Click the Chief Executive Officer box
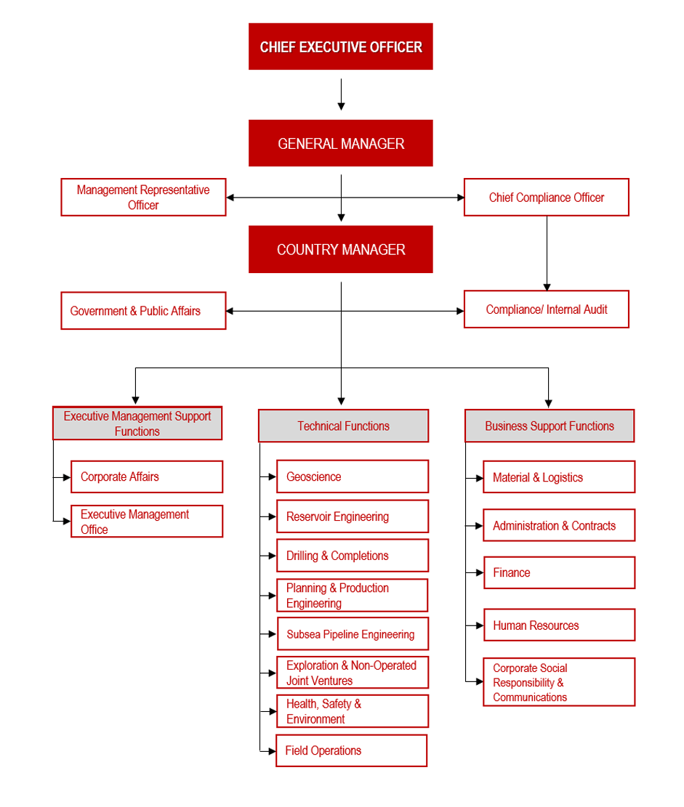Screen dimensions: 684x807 pyautogui.click(x=340, y=46)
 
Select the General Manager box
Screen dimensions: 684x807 pyautogui.click(x=340, y=143)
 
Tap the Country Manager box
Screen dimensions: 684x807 pyautogui.click(x=340, y=249)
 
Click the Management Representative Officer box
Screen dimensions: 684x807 pyautogui.click(x=143, y=197)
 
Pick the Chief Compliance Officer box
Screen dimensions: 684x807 pyautogui.click(x=547, y=197)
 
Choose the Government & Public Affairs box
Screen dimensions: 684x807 pyautogui.click(x=143, y=311)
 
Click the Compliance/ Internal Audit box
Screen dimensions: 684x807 pyautogui.click(x=547, y=309)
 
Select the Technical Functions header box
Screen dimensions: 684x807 pyautogui.click(x=343, y=426)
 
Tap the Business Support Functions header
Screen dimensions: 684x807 pyautogui.click(x=550, y=426)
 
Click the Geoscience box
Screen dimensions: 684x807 pyautogui.click(x=353, y=477)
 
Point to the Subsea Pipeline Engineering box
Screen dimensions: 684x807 pyautogui.click(x=353, y=634)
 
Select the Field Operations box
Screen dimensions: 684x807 pyautogui.click(x=351, y=751)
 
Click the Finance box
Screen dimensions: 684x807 pyautogui.click(x=560, y=573)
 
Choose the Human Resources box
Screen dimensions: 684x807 pyautogui.click(x=560, y=625)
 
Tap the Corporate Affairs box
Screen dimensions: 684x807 pyautogui.click(x=147, y=477)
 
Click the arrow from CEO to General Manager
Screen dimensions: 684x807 pyautogui.click(x=341, y=94)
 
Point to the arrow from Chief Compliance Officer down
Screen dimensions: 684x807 pyautogui.click(x=547, y=254)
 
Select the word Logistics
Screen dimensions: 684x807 pyautogui.click(x=563, y=478)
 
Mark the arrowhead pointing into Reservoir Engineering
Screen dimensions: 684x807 pyautogui.click(x=272, y=516)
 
